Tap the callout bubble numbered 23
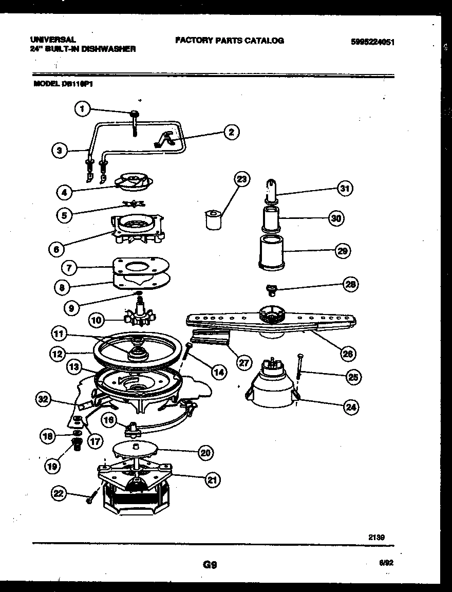pyautogui.click(x=241, y=179)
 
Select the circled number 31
pyautogui.click(x=345, y=189)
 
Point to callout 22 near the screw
pyautogui.click(x=60, y=494)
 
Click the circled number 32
pyautogui.click(x=44, y=399)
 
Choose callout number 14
pyautogui.click(x=219, y=372)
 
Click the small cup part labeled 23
pyautogui.click(x=211, y=220)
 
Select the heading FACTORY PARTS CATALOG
pyautogui.click(x=229, y=41)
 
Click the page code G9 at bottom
pyautogui.click(x=210, y=564)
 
